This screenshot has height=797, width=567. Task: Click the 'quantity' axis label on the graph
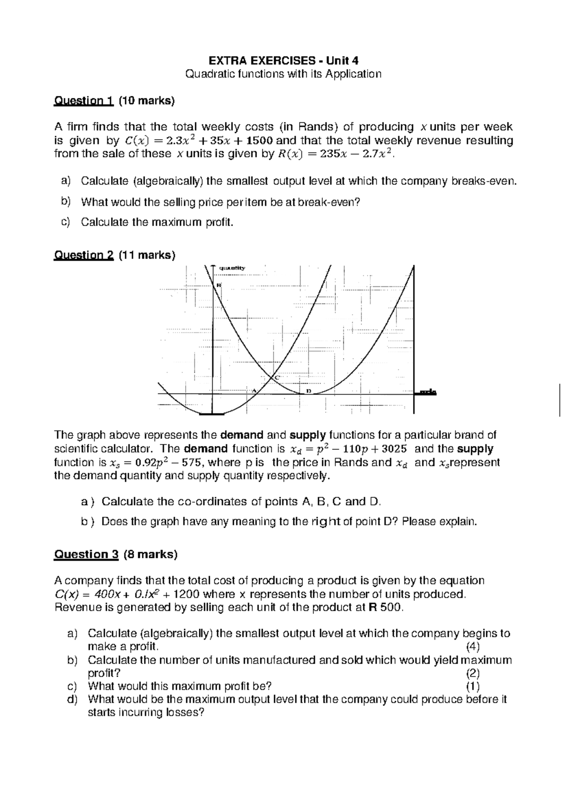coord(232,268)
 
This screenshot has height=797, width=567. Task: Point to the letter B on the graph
coord(219,285)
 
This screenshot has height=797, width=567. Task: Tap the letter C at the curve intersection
coord(277,377)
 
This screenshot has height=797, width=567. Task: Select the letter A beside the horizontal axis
coord(253,391)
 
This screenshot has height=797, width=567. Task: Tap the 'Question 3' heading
coord(86,554)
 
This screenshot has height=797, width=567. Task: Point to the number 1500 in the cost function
coord(259,140)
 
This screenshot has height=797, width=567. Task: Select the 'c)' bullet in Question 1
coord(66,222)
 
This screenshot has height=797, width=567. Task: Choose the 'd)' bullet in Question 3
coord(72,699)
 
